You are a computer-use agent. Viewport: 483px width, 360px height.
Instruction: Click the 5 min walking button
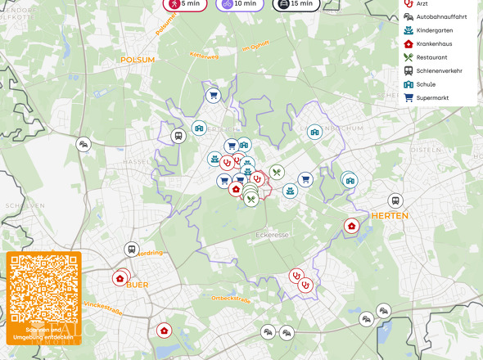184,4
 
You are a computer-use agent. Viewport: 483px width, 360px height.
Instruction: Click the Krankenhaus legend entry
433,43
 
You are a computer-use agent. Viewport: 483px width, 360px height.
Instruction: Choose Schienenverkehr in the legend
438,70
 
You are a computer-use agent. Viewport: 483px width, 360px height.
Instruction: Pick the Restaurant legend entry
431,57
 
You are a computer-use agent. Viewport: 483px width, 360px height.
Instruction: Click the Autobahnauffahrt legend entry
440,16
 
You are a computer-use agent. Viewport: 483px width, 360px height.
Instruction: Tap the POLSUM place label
138,60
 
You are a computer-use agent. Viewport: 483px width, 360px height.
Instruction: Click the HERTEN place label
390,216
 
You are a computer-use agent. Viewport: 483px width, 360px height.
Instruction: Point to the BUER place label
138,285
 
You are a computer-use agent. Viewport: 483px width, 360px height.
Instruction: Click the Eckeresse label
273,235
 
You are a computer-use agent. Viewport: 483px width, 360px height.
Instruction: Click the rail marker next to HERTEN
395,200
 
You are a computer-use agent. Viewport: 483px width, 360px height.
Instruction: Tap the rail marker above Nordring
131,249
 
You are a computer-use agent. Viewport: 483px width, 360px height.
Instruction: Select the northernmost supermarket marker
213,95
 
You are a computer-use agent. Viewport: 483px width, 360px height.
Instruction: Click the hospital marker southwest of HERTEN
352,226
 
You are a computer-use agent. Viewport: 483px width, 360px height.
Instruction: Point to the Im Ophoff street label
255,48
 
